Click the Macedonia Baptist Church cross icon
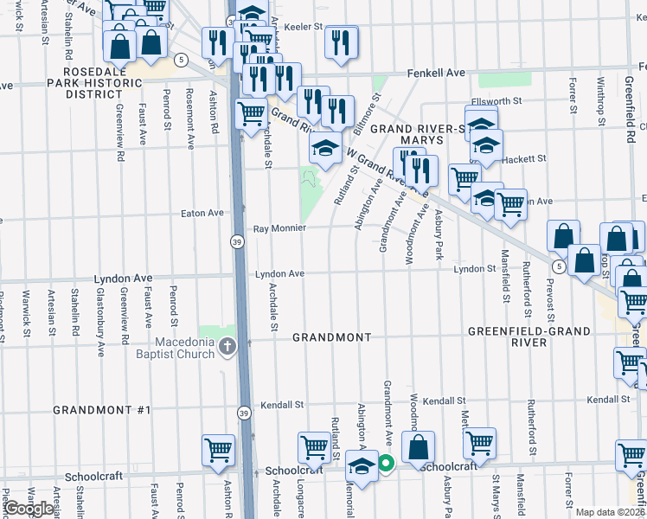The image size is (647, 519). pos(227,347)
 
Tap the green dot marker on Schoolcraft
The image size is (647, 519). pos(386,464)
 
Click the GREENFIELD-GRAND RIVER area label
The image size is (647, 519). pos(528,336)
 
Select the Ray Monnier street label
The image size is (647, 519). pos(279,229)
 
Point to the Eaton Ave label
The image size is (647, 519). pos(202,213)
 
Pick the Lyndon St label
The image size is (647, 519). pos(473,270)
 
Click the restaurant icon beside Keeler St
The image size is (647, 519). pos(341,42)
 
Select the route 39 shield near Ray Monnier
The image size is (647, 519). pos(236,243)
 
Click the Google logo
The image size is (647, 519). pos(29,509)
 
